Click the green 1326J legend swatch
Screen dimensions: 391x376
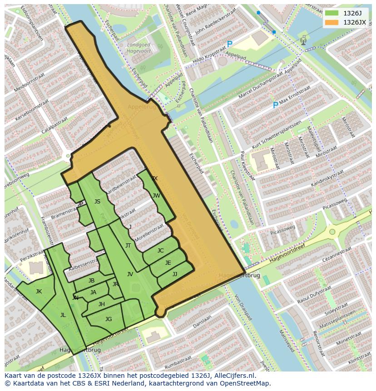tap(332, 13)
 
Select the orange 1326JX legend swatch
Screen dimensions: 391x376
tap(332, 22)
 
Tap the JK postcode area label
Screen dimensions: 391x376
tap(39, 292)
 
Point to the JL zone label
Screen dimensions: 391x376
tap(63, 315)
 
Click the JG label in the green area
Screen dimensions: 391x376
tap(109, 319)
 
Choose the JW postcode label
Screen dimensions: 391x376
tap(156, 196)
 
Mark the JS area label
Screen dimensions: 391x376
tap(97, 202)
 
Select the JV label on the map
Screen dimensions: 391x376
tap(130, 274)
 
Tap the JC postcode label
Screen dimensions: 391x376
tap(160, 251)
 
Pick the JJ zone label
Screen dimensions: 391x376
tap(175, 274)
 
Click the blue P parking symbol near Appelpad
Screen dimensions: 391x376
tap(230, 45)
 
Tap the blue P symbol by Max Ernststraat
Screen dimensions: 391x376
tap(275, 105)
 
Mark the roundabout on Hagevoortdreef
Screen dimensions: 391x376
tap(332, 232)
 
